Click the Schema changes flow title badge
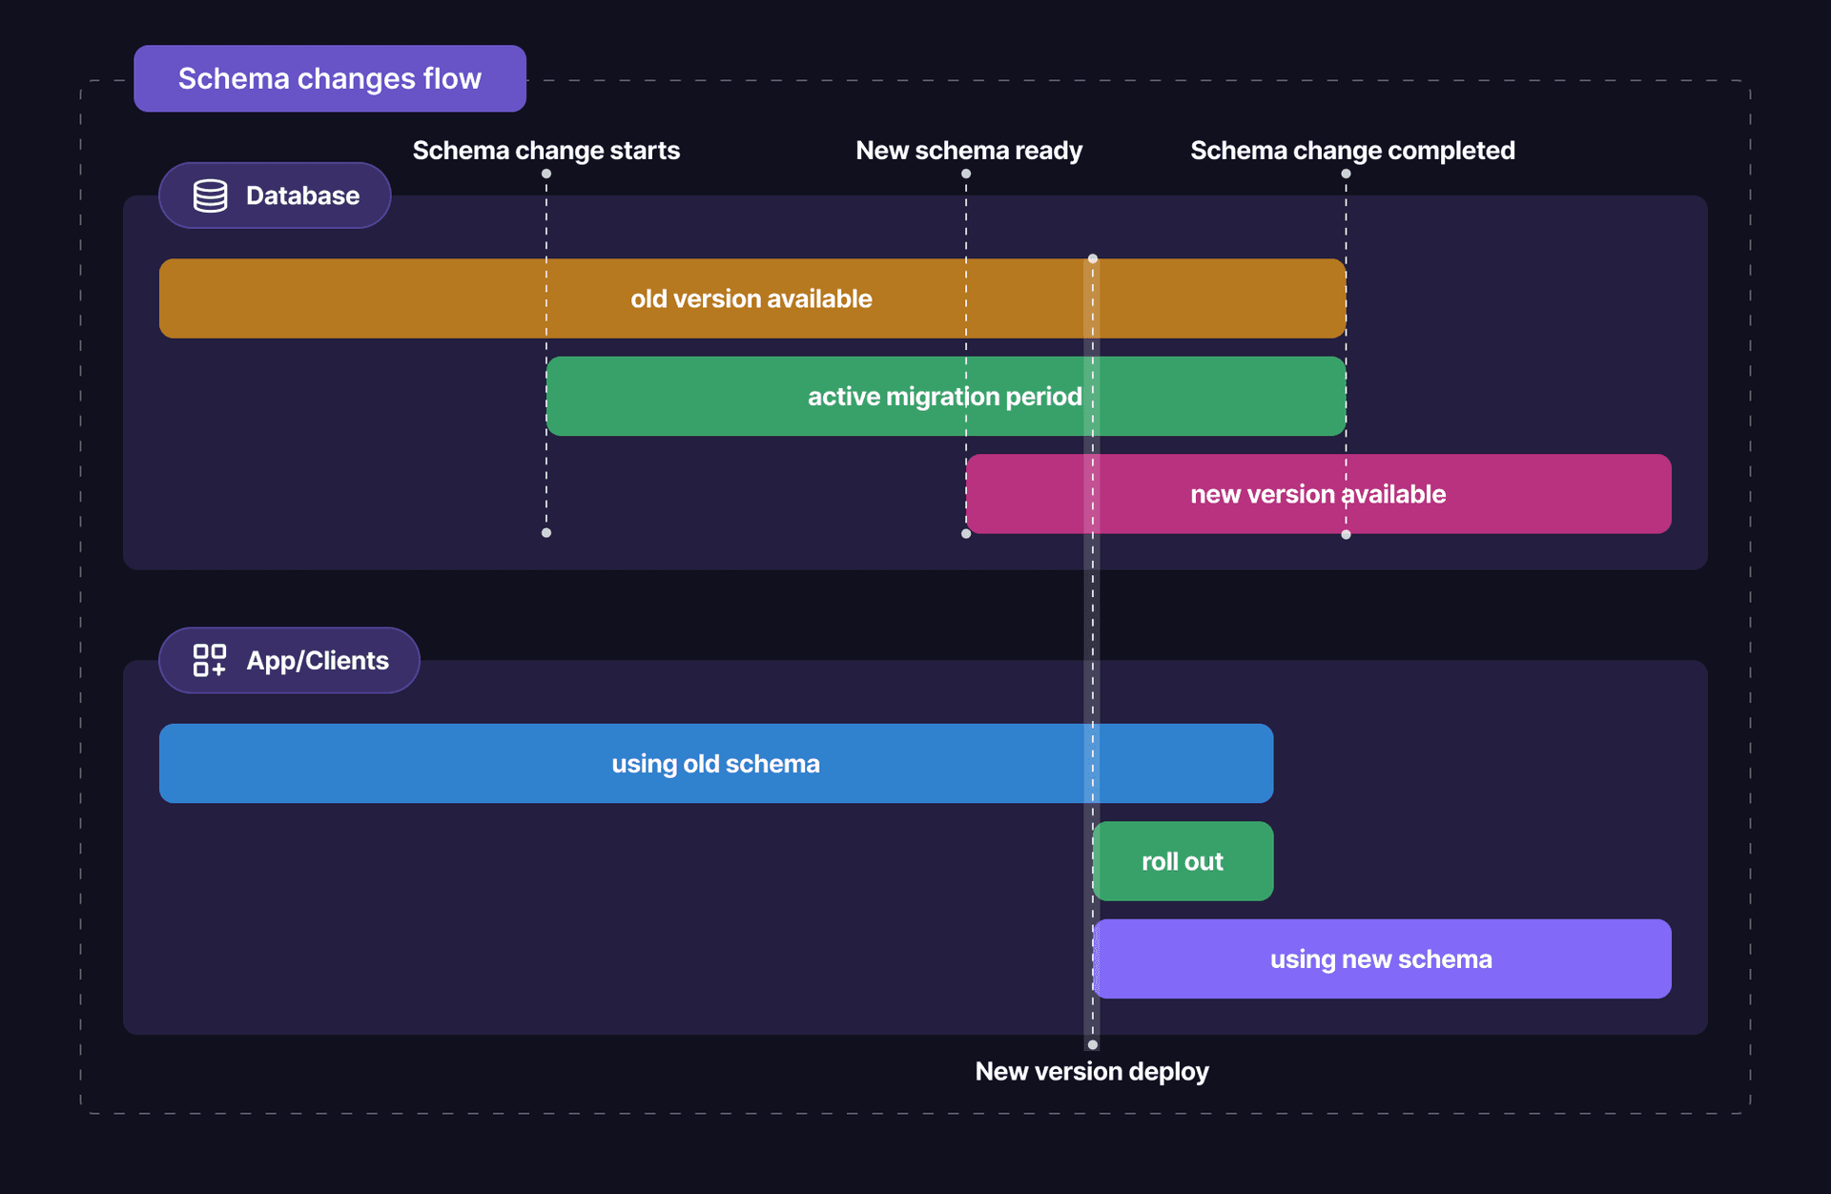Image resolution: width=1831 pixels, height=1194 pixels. pyautogui.click(x=329, y=78)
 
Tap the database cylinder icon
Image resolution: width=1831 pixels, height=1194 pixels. pyautogui.click(x=210, y=196)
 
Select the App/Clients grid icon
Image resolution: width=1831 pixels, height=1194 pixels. pyautogui.click(x=210, y=660)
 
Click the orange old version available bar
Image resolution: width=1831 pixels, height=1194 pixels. pyautogui.click(x=751, y=298)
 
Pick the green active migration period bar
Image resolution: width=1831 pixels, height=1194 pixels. pyautogui.click(x=944, y=397)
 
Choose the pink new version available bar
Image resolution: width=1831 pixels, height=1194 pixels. pyautogui.click(x=1318, y=494)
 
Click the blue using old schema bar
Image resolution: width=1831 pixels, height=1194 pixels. pyautogui.click(x=715, y=764)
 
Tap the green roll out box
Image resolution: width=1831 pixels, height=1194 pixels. pyautogui.click(x=1183, y=861)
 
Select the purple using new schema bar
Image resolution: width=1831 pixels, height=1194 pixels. pyautogui.click(x=1381, y=959)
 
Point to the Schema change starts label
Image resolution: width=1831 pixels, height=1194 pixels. pyautogui.click(x=545, y=151)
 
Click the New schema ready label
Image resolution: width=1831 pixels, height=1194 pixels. pyautogui.click(x=969, y=151)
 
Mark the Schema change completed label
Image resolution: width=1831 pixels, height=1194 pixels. pyautogui.click(x=1352, y=151)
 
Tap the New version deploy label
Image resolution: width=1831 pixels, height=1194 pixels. pyautogui.click(x=1092, y=1072)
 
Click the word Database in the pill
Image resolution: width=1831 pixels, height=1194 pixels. pyautogui.click(x=302, y=196)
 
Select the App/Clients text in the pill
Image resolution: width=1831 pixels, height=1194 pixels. pyautogui.click(x=318, y=660)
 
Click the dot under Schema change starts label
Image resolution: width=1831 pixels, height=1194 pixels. pyautogui.click(x=546, y=174)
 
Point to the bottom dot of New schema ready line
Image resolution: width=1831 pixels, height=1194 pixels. pyautogui.click(x=966, y=534)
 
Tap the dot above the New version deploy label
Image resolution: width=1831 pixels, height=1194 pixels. pyautogui.click(x=1093, y=1045)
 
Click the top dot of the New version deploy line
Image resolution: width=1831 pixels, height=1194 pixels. pyautogui.click(x=1093, y=258)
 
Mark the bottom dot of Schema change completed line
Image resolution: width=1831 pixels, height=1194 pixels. pyautogui.click(x=1346, y=535)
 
